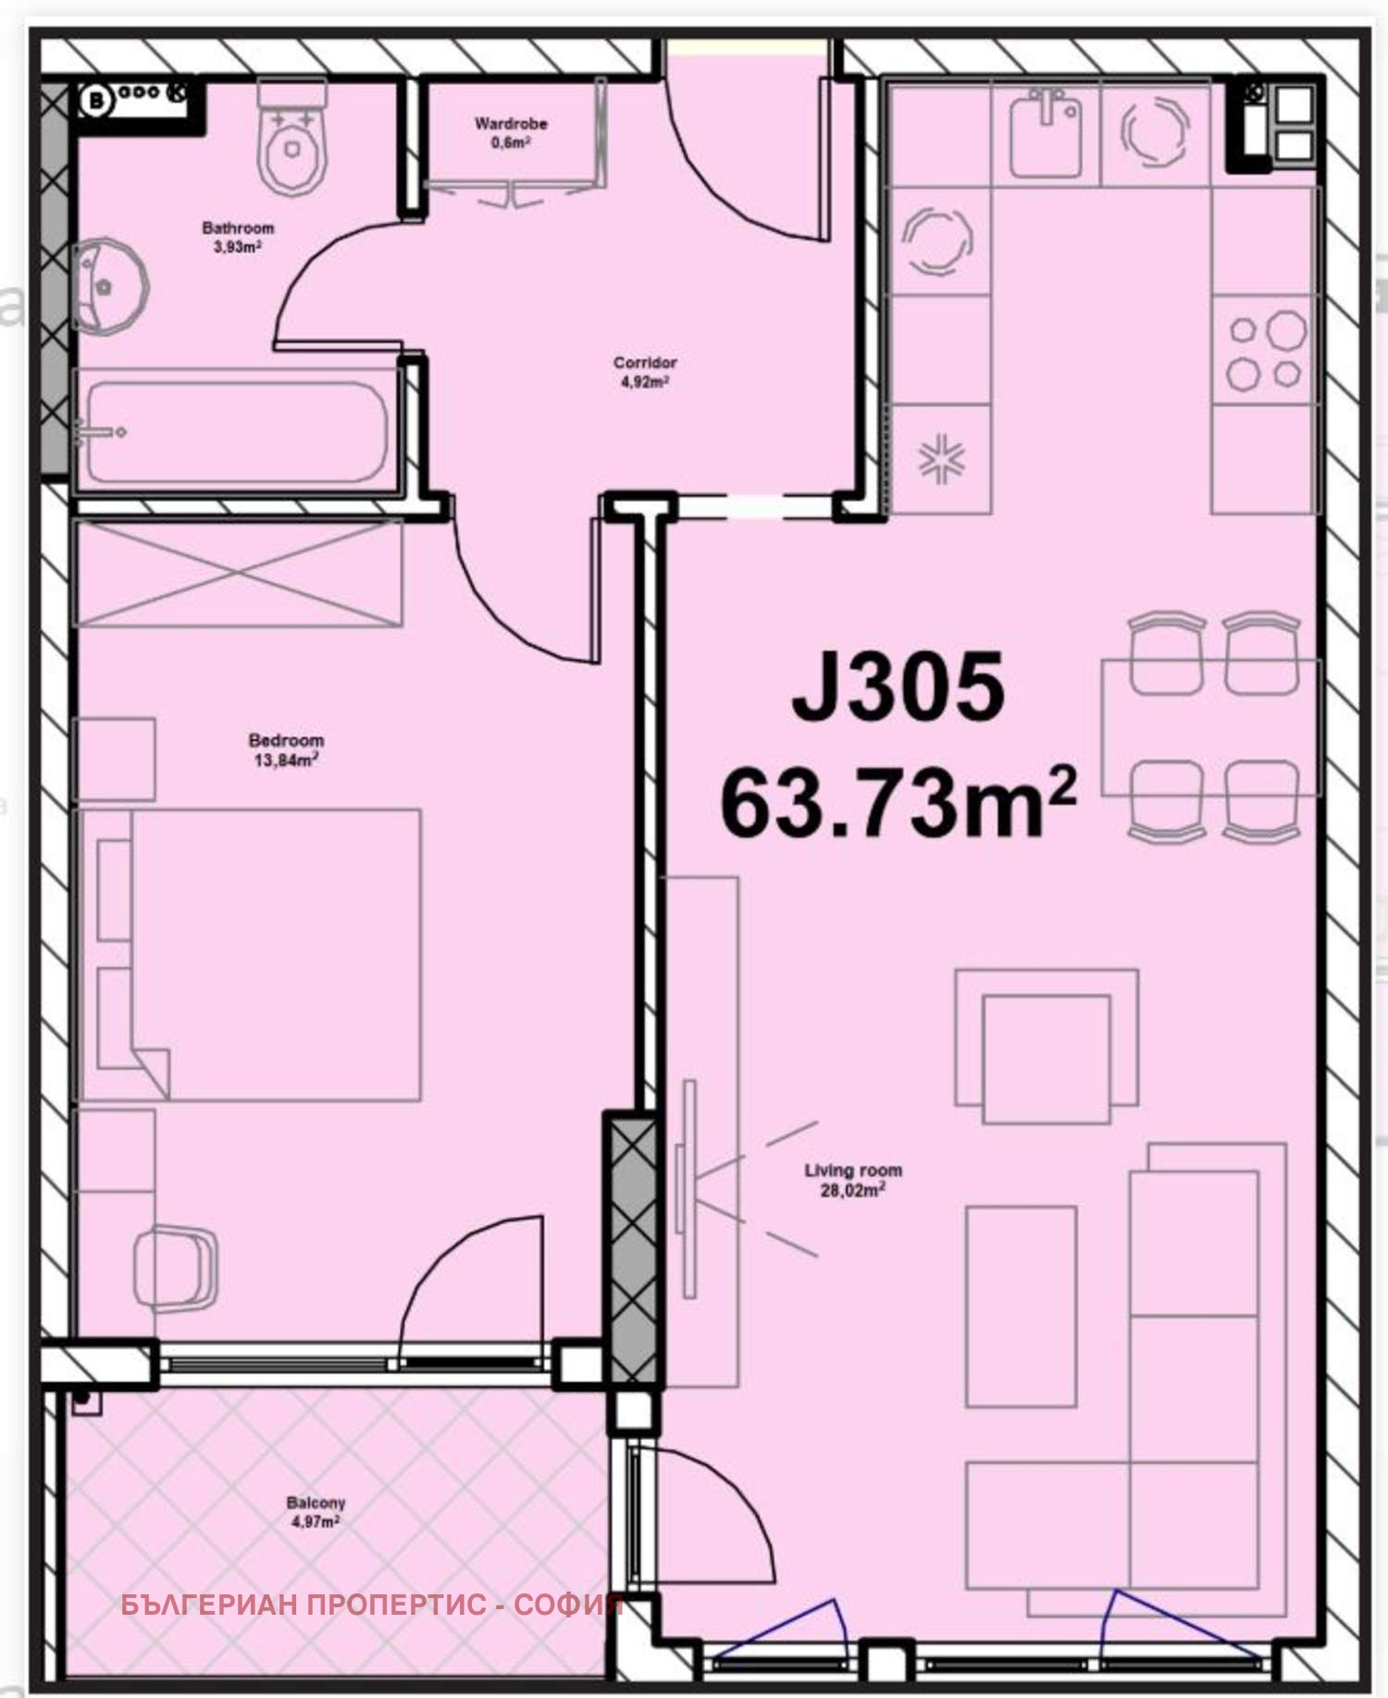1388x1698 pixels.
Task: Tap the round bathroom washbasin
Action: pos(107,287)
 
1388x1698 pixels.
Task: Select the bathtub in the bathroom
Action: pos(235,433)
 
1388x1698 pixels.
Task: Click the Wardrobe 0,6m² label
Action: pos(511,132)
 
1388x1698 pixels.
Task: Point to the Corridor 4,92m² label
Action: pos(645,371)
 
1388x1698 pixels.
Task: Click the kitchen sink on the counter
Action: pos(1046,134)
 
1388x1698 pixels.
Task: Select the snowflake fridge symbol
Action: pos(941,459)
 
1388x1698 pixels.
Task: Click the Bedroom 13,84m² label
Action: pos(286,750)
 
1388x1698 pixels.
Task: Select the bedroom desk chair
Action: pos(176,1268)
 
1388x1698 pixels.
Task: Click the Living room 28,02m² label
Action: pos(852,1180)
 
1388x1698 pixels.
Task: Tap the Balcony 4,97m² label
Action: pos(316,1512)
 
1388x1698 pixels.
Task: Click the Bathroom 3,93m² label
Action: pos(238,237)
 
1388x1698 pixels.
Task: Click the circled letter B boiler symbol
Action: pos(96,100)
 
